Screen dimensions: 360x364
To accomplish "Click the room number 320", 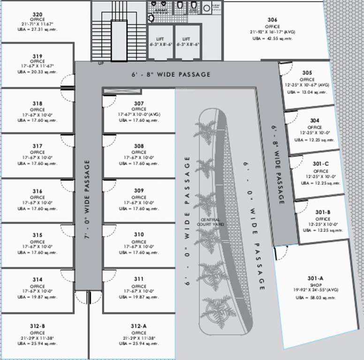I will (x=38, y=14).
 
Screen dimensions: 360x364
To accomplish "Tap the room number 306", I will (x=272, y=20).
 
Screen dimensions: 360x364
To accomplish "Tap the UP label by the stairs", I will (x=101, y=63).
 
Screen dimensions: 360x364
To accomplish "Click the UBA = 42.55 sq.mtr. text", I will (x=272, y=38).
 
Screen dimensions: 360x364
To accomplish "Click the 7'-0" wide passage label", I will (x=87, y=200).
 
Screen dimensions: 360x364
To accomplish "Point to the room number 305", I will (x=307, y=73).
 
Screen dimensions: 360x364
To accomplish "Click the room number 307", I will (x=138, y=103).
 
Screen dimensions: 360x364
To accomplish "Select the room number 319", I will (x=38, y=56).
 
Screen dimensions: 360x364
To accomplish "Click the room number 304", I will (x=315, y=120).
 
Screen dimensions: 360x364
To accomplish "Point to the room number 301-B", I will (x=323, y=212).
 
